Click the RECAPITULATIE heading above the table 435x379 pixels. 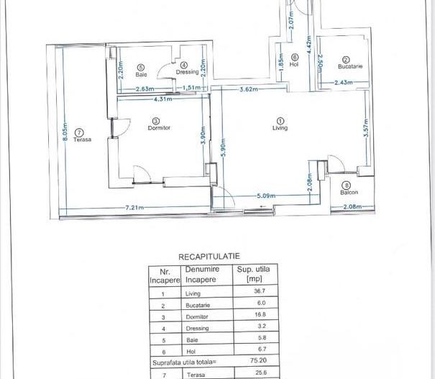coord(209,255)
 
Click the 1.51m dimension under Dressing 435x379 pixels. coord(193,88)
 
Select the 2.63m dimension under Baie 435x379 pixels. coord(146,88)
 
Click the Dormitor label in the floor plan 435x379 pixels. coord(157,127)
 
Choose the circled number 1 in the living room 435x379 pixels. coord(280,120)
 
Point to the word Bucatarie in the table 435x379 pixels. coord(197,304)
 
